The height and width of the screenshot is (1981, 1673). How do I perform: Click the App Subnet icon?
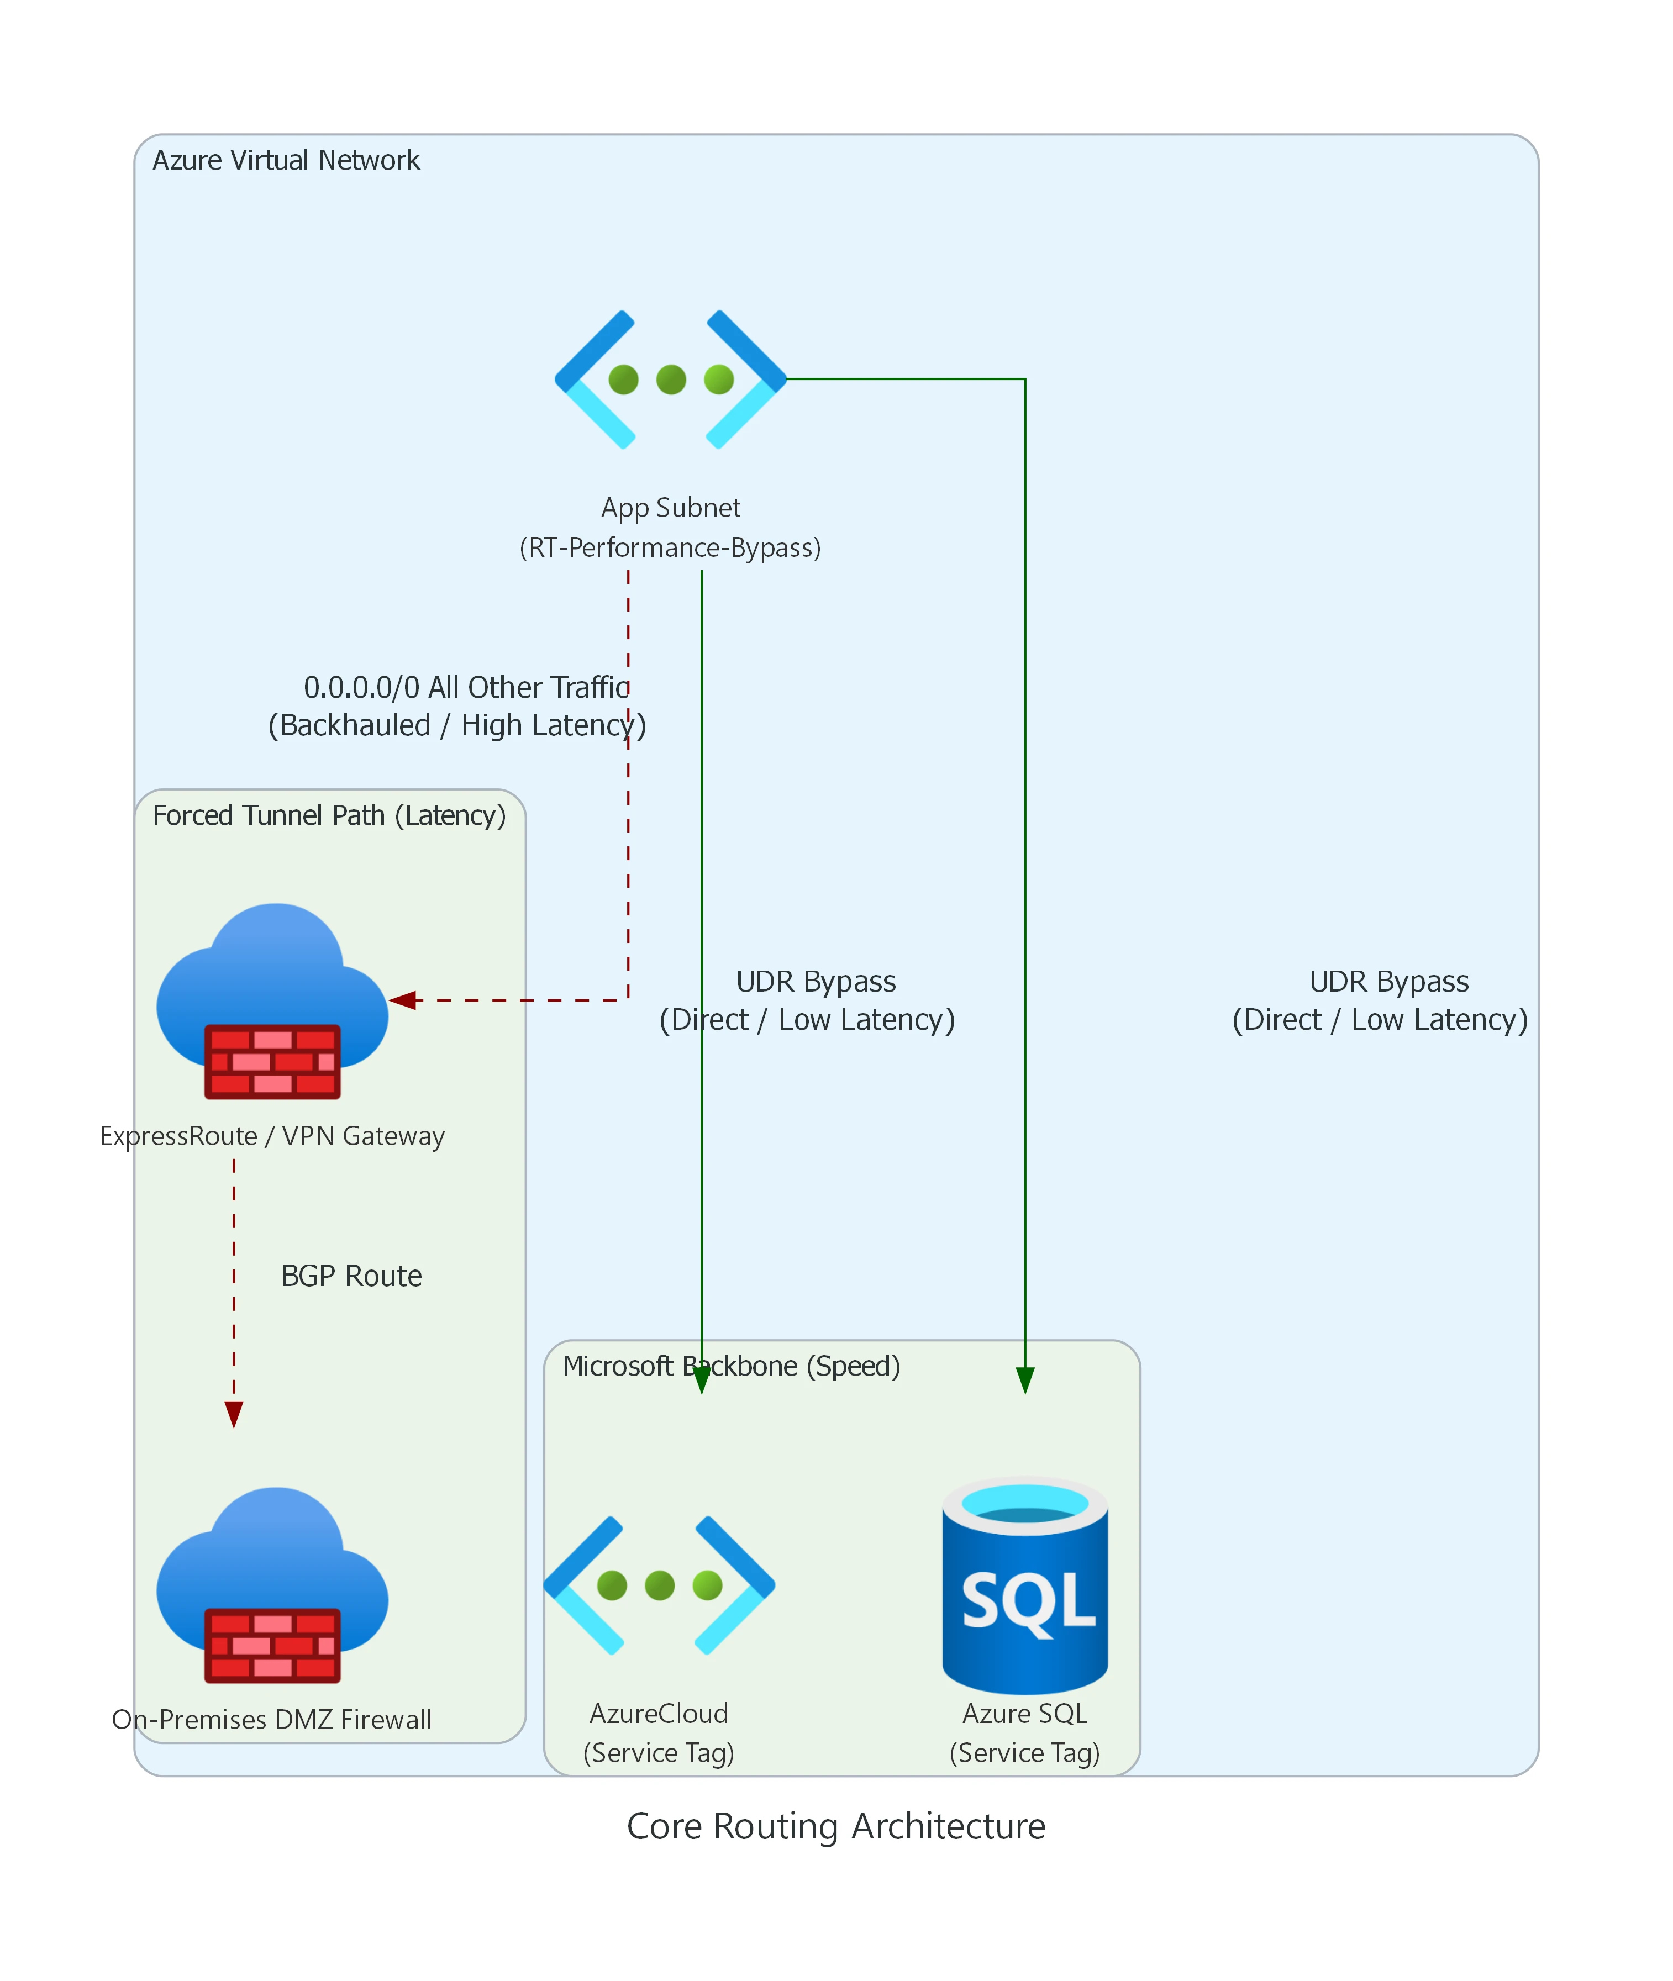671,380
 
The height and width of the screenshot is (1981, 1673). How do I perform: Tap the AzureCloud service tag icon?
659,1585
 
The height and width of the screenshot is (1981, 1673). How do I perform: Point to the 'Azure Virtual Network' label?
286,160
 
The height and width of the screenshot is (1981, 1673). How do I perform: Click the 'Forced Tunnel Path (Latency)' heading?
329,815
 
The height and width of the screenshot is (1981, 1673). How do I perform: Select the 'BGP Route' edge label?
351,1276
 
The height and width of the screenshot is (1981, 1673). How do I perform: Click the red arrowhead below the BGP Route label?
233,1414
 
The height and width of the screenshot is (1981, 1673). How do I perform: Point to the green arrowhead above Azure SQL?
1025,1381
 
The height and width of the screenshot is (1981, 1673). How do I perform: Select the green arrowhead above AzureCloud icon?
701,1381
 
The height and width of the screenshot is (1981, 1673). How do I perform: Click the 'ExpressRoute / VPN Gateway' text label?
272,1136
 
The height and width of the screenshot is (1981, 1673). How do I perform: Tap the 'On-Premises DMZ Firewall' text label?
272,1719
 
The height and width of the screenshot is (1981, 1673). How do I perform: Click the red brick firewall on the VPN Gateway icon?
272,1061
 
